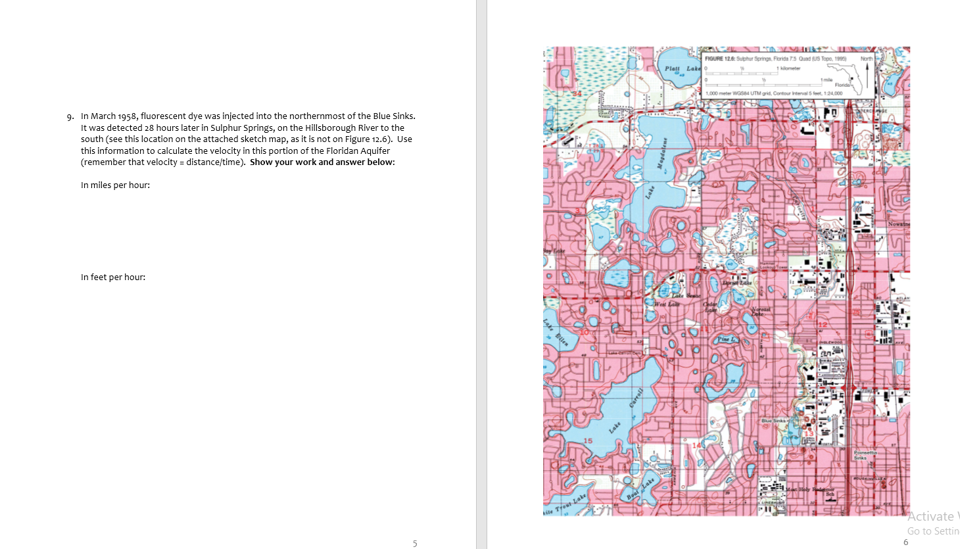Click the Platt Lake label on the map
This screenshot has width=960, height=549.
682,68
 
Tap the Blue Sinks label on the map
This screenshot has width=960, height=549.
773,420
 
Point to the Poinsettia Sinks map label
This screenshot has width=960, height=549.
864,454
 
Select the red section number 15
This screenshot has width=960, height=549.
587,441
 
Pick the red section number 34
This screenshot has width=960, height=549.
577,95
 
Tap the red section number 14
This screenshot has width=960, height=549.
697,445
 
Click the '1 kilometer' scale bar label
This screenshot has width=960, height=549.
789,68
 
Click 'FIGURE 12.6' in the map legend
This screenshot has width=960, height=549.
719,59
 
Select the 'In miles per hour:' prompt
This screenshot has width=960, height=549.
115,185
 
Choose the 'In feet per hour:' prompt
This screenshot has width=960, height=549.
113,277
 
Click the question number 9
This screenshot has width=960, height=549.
70,117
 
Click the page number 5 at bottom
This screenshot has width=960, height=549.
415,543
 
